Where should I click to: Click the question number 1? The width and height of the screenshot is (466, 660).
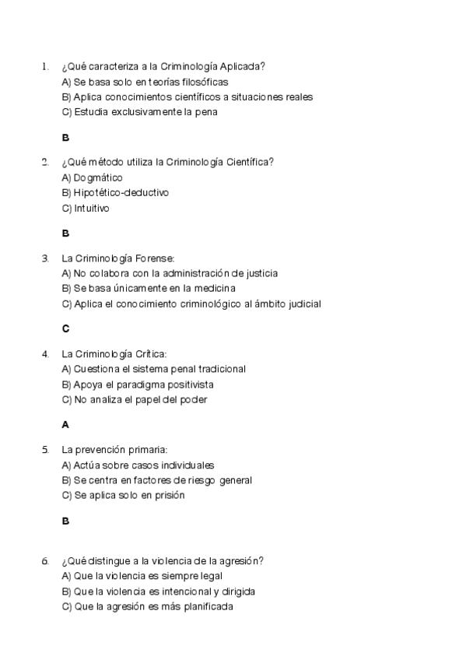pyautogui.click(x=45, y=66)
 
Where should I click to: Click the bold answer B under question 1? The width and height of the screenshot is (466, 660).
pyautogui.click(x=65, y=138)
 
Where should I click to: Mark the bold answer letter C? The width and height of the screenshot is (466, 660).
pyautogui.click(x=65, y=328)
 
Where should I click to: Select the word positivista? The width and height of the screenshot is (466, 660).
pyautogui.click(x=189, y=384)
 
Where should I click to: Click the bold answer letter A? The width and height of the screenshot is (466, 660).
pyautogui.click(x=65, y=424)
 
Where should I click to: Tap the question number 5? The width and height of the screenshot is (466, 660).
pyautogui.click(x=45, y=449)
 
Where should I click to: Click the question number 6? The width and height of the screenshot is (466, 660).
pyautogui.click(x=45, y=560)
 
